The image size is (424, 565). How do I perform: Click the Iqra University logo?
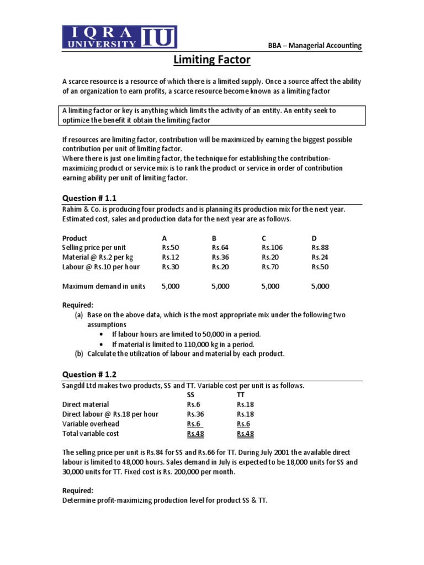pyautogui.click(x=120, y=37)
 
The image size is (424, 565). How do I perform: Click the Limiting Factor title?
pyautogui.click(x=212, y=59)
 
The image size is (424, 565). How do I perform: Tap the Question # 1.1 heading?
pyautogui.click(x=89, y=198)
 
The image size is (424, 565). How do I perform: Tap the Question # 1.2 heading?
pyautogui.click(x=89, y=375)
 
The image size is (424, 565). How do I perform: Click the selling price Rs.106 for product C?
pyautogui.click(x=272, y=248)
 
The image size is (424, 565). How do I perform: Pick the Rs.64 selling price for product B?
pyautogui.click(x=220, y=248)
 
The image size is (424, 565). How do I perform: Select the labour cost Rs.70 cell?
pyautogui.click(x=270, y=267)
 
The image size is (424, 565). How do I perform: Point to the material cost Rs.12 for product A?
pyautogui.click(x=170, y=258)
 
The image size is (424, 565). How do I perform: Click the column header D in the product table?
pyautogui.click(x=314, y=238)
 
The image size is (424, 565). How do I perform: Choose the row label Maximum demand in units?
pyautogui.click(x=104, y=286)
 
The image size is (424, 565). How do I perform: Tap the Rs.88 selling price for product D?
pyautogui.click(x=320, y=248)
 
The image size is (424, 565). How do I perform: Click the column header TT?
pyautogui.click(x=241, y=395)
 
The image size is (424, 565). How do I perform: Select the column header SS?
pyautogui.click(x=191, y=395)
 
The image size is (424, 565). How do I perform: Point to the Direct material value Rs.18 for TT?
pyautogui.click(x=245, y=404)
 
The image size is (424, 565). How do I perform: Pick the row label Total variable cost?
pyautogui.click(x=91, y=434)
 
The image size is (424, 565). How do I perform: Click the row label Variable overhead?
pyautogui.click(x=91, y=424)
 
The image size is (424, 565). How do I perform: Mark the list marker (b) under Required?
pyautogui.click(x=79, y=354)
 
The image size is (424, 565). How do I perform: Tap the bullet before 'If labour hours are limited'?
pyautogui.click(x=100, y=334)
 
